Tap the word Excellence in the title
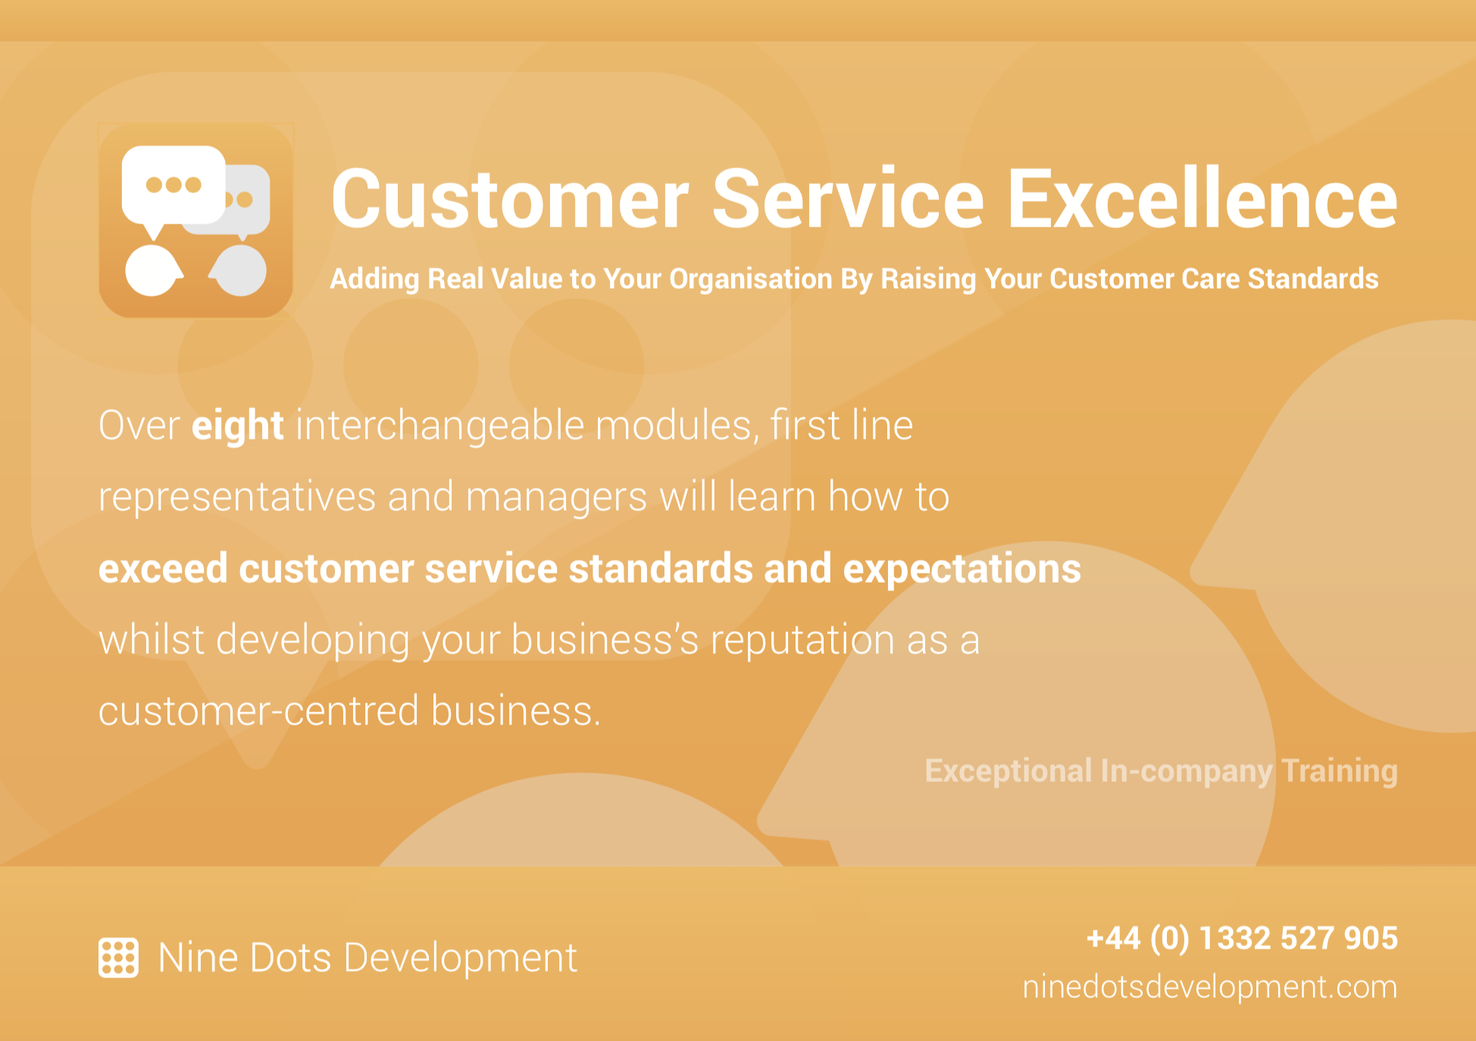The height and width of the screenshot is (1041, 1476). tap(1202, 199)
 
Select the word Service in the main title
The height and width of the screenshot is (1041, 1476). tap(848, 199)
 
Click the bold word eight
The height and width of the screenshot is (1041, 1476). tap(237, 426)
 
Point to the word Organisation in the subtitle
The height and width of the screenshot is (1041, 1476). tap(751, 280)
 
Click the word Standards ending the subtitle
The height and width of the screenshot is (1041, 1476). tap(1313, 279)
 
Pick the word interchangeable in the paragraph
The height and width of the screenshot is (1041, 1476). tap(439, 426)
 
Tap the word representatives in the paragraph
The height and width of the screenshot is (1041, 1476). tap(237, 497)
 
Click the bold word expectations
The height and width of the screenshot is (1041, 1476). tap(962, 569)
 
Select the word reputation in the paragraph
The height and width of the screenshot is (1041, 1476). tap(802, 640)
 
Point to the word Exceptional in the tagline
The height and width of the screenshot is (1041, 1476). tap(1008, 771)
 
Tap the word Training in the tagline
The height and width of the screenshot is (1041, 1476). tap(1340, 771)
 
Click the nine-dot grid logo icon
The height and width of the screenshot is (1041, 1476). tap(118, 958)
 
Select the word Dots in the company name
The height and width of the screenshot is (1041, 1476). tap(290, 958)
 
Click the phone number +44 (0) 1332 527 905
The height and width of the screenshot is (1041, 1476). tap(1242, 938)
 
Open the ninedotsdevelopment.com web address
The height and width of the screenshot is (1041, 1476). tap(1209, 987)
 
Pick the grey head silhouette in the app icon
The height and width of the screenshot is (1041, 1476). tap(239, 270)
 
